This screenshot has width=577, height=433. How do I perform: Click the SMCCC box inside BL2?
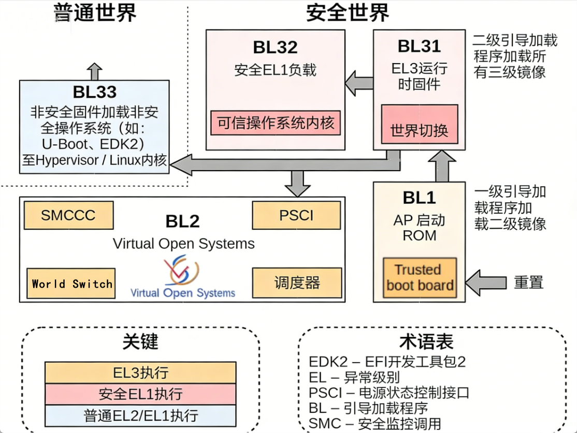pos(68,215)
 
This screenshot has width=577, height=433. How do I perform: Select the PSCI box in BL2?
pos(296,215)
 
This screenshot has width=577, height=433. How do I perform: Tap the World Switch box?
pos(71,283)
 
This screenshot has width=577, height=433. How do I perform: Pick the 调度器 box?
pos(297,282)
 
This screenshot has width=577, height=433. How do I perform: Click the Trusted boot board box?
pos(420,278)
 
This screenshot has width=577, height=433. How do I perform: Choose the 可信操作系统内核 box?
pos(276,123)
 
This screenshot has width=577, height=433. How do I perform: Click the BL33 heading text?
pos(94,92)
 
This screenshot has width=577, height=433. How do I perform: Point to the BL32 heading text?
pos(275,48)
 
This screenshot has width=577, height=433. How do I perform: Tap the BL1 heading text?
pos(419,198)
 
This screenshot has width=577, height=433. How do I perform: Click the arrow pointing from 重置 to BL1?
pos(486,282)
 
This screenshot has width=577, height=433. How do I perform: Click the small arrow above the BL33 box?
pos(94,70)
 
